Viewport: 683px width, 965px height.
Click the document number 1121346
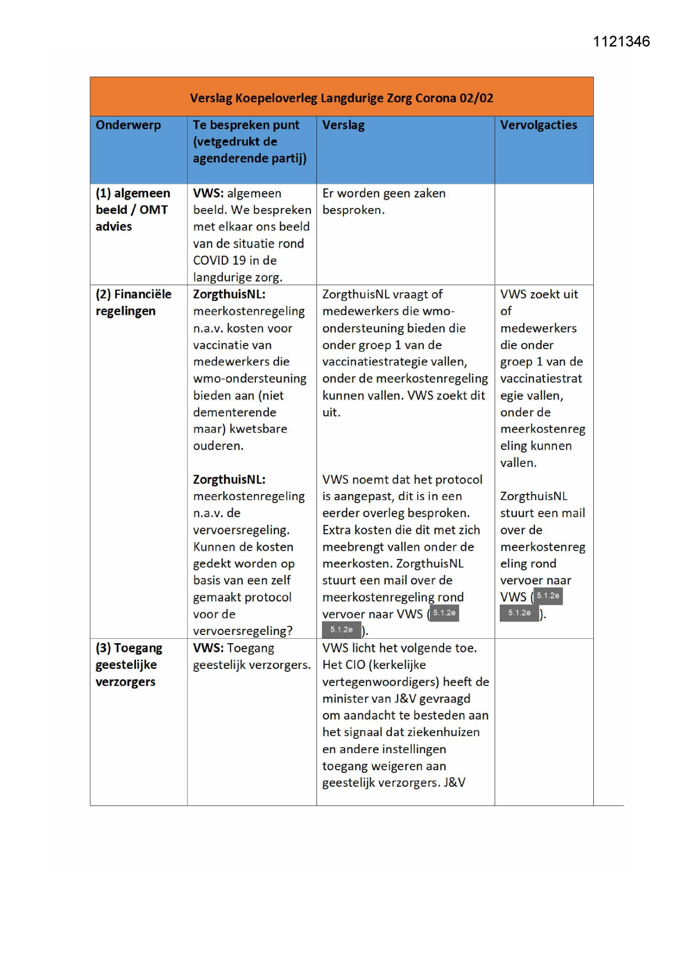coord(621,42)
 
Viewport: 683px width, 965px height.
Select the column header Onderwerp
coord(128,125)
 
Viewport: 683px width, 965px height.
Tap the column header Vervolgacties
coord(538,125)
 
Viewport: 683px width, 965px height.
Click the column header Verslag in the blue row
coord(343,125)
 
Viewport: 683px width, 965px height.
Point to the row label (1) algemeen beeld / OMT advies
coord(133,210)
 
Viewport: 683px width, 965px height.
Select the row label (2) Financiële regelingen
coord(133,303)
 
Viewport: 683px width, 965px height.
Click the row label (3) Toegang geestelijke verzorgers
coord(129,665)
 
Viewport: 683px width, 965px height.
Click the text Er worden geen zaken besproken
coord(384,201)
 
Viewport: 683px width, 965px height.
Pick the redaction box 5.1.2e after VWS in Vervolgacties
coord(548,596)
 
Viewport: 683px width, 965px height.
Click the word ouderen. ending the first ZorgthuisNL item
coord(218,446)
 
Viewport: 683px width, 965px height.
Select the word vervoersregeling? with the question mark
coord(243,630)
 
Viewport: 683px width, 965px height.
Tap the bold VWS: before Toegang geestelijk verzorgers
coord(208,648)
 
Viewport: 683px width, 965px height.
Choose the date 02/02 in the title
coord(477,98)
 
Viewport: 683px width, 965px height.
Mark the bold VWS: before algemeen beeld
coord(208,193)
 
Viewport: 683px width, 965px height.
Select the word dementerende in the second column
coord(234,412)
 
